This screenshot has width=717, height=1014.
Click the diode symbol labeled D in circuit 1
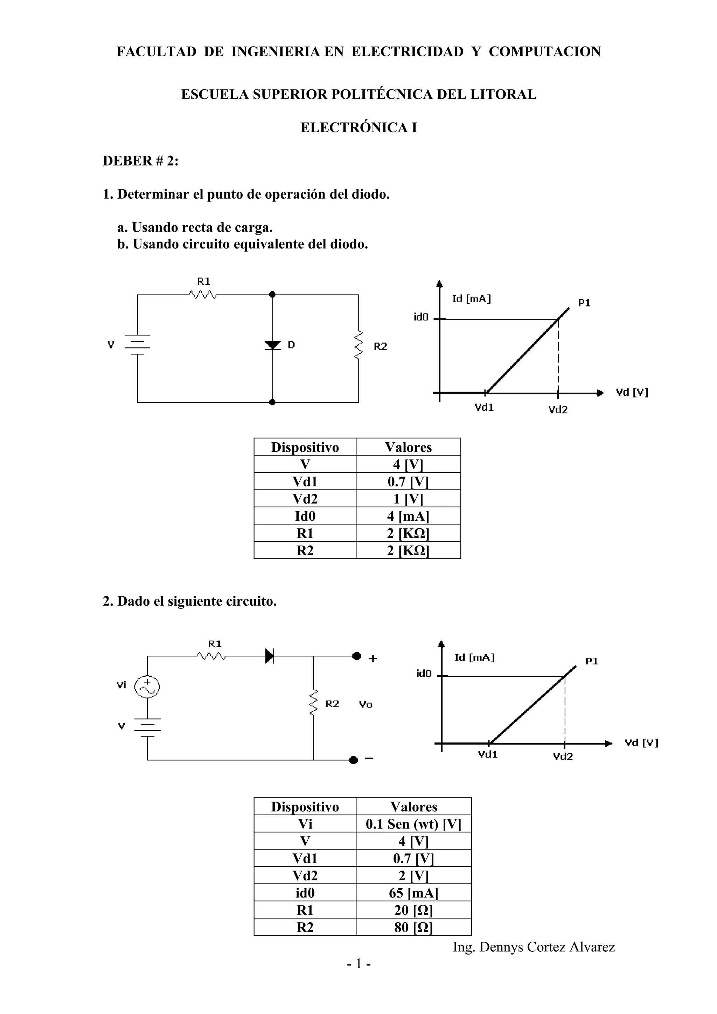pyautogui.click(x=273, y=345)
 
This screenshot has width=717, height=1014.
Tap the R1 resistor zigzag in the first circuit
pyautogui.click(x=203, y=295)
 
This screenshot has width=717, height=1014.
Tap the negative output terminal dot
pyautogui.click(x=353, y=760)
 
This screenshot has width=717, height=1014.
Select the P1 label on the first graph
pyautogui.click(x=584, y=303)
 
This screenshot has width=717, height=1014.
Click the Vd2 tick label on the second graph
pyautogui.click(x=563, y=756)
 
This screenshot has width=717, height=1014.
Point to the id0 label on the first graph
pyautogui.click(x=421, y=317)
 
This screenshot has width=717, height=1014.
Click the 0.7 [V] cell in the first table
pyautogui.click(x=408, y=481)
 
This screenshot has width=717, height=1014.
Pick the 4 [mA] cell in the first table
pyautogui.click(x=408, y=516)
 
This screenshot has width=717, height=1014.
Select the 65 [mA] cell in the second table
pyautogui.click(x=413, y=893)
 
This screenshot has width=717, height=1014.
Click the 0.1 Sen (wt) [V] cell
pyautogui.click(x=413, y=824)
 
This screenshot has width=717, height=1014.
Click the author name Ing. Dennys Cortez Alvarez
pyautogui.click(x=534, y=947)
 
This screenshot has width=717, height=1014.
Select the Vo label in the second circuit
pyautogui.click(x=366, y=705)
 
